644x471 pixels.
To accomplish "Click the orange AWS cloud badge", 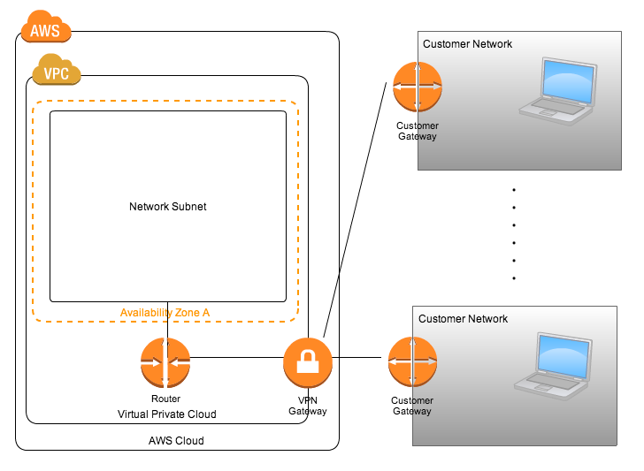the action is [x=46, y=27].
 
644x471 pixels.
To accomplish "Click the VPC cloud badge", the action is [x=57, y=70].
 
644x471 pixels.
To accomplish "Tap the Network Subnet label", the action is [x=167, y=207].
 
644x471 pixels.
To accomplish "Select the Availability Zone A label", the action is [x=165, y=313].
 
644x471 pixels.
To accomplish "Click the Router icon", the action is [x=165, y=362].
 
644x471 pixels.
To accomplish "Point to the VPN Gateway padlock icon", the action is [x=308, y=362].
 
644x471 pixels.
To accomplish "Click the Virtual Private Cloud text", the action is [x=166, y=414].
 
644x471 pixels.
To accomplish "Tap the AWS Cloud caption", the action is [x=176, y=441].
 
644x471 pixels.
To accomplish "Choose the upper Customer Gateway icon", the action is [x=418, y=87].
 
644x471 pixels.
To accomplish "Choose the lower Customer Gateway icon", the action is [x=413, y=362].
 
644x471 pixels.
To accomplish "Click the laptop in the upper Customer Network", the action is [x=558, y=91].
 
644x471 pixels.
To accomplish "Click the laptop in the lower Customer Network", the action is [x=553, y=367].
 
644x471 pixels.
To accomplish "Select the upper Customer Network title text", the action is [x=467, y=44].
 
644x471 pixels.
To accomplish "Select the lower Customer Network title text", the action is [x=463, y=319].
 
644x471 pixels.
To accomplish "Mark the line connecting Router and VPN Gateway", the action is [x=237, y=357].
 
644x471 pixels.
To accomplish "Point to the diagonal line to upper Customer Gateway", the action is [x=355, y=209].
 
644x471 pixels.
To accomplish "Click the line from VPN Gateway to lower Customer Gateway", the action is [x=356, y=357].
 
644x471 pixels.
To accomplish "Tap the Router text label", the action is [x=165, y=399].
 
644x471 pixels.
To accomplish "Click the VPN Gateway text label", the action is [x=308, y=406].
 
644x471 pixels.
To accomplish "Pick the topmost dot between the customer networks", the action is [x=514, y=190].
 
